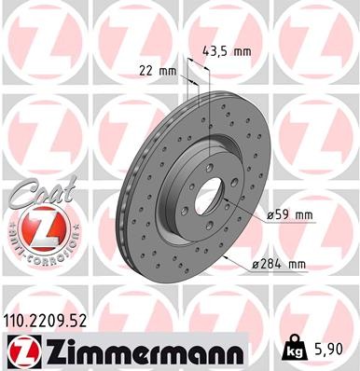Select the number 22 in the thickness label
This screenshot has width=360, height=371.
point(144,69)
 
